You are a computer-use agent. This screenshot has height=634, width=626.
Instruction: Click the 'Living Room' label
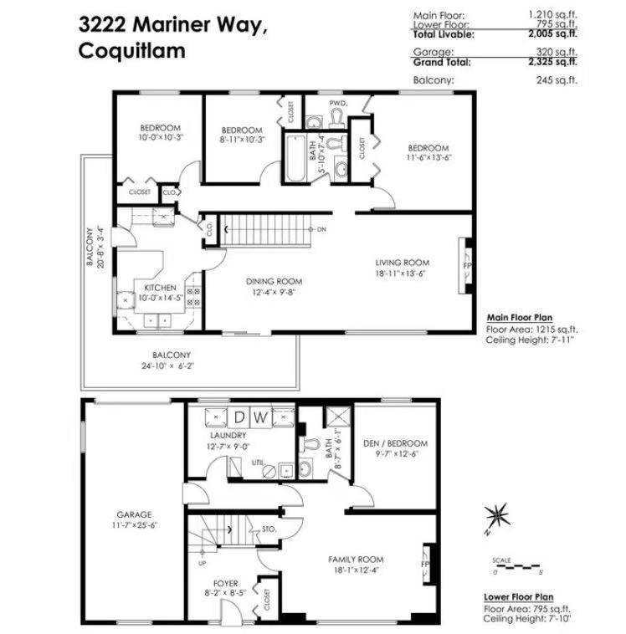pyautogui.click(x=402, y=262)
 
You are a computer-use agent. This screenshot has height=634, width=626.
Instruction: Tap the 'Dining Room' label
pyautogui.click(x=274, y=281)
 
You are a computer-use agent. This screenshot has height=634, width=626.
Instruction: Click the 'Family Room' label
pyautogui.click(x=356, y=560)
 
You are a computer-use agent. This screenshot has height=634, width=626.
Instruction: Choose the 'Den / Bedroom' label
pyautogui.click(x=397, y=443)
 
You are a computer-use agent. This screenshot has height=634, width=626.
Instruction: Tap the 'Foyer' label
pyautogui.click(x=225, y=583)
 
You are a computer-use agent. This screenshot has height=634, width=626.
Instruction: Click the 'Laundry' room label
pyautogui.click(x=228, y=436)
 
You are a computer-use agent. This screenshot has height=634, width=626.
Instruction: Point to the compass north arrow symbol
pyautogui.click(x=498, y=514)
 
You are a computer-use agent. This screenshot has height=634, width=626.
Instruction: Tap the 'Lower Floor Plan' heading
pyautogui.click(x=519, y=597)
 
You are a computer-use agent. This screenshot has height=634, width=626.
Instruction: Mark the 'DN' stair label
pyautogui.click(x=321, y=228)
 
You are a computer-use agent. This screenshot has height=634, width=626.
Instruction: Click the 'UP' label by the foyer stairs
pyautogui.click(x=201, y=563)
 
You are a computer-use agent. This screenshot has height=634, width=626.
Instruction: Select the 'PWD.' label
pyautogui.click(x=337, y=103)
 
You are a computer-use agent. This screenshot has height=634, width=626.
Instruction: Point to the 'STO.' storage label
pyautogui.click(x=269, y=529)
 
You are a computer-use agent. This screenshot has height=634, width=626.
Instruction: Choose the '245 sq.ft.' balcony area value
pyautogui.click(x=557, y=81)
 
